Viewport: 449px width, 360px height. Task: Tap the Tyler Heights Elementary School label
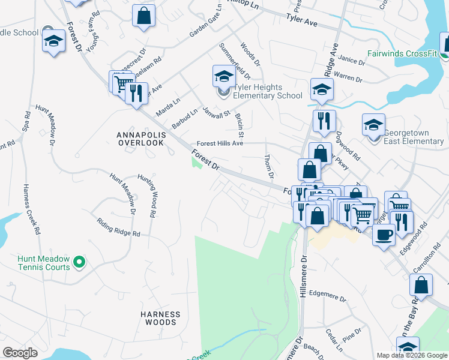(x=267, y=91)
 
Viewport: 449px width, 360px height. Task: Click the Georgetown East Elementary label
(x=414, y=137)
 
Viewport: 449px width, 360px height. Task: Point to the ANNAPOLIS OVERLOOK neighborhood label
(x=140, y=139)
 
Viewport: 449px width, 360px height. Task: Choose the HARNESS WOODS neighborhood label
(x=160, y=318)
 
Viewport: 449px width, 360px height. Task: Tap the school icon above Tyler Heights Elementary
(x=223, y=77)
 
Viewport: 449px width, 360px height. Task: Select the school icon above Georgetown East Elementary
(x=373, y=125)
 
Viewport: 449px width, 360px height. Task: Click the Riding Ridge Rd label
(x=119, y=226)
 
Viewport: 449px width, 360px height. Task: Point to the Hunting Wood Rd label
(x=147, y=196)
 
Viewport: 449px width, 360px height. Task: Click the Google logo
(x=20, y=353)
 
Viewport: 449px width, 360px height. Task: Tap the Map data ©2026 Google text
(x=412, y=355)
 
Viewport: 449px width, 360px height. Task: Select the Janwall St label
(x=217, y=112)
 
